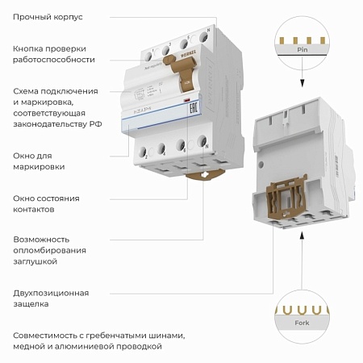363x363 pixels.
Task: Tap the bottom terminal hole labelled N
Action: click(x=203, y=145)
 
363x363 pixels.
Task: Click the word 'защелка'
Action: click(x=31, y=305)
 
